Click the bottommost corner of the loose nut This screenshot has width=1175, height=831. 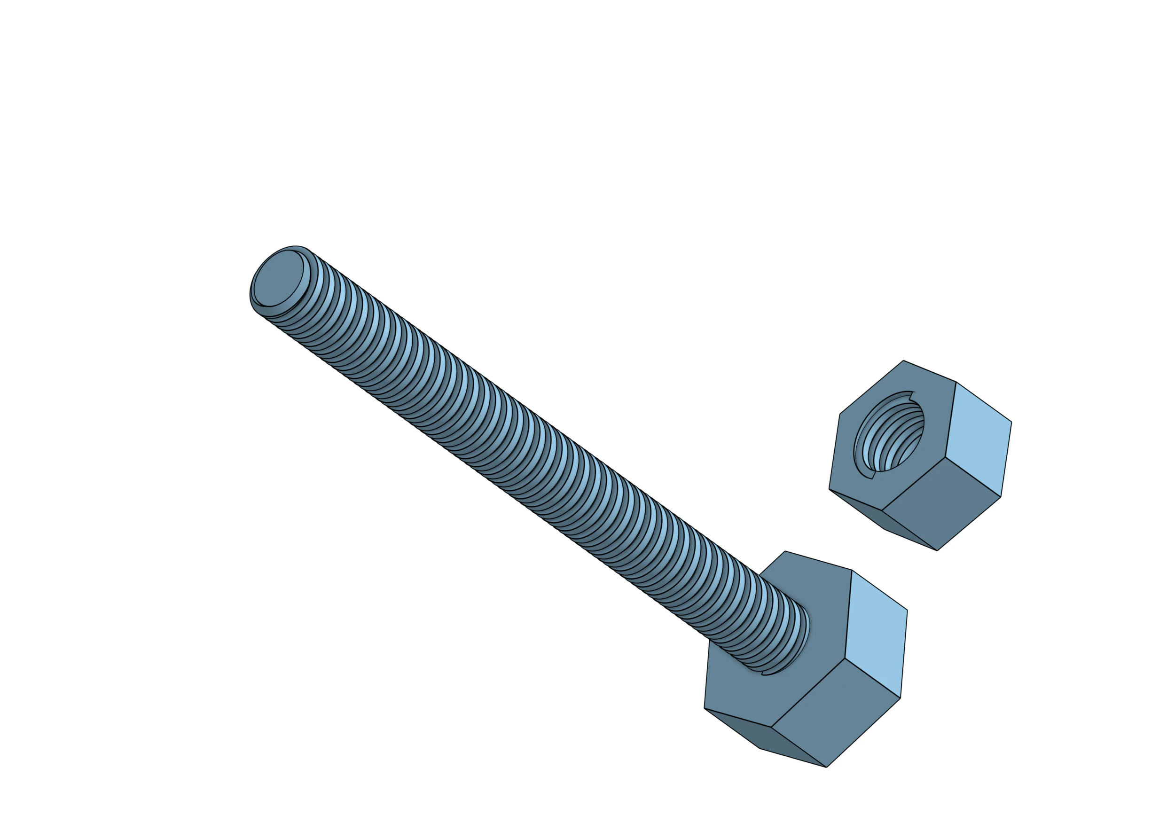(937, 550)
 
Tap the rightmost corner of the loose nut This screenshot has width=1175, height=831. (1012, 422)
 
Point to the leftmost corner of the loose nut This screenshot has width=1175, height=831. (829, 489)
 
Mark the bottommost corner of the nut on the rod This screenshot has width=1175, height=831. (826, 767)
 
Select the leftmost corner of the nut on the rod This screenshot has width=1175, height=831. (704, 708)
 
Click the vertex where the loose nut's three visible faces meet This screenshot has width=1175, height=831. (945, 457)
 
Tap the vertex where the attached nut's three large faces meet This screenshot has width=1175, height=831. (845, 658)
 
